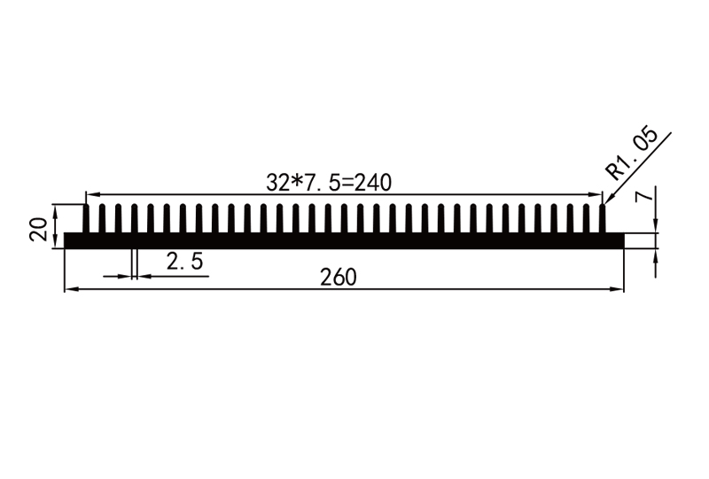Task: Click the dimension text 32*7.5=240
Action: click(x=329, y=182)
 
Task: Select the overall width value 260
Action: click(x=339, y=278)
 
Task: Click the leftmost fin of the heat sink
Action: click(x=86, y=218)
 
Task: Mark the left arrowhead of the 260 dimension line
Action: click(x=71, y=289)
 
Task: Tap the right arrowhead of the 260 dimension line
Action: click(x=618, y=289)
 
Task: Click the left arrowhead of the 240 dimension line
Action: click(x=91, y=194)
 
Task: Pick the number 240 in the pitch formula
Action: click(x=374, y=182)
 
